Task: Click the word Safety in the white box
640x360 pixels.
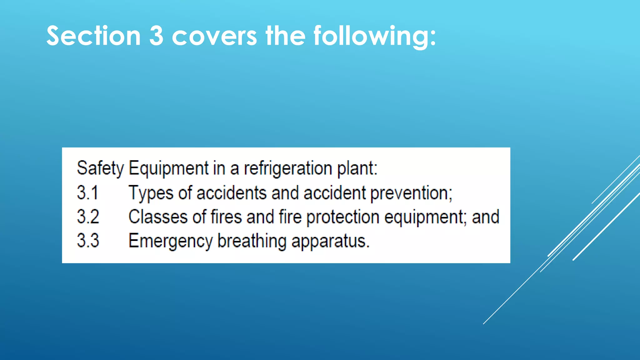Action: click(x=100, y=168)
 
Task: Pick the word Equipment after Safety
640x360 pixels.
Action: click(x=168, y=168)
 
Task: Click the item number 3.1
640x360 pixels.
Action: click(x=87, y=192)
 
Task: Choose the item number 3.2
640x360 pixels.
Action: click(x=88, y=217)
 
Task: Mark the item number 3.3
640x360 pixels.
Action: click(x=88, y=241)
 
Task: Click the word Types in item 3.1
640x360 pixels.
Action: click(x=151, y=193)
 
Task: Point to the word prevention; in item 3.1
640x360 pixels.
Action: click(x=411, y=193)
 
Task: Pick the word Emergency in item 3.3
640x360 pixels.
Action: click(x=171, y=241)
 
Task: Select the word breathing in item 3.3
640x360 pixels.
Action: click(x=252, y=241)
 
